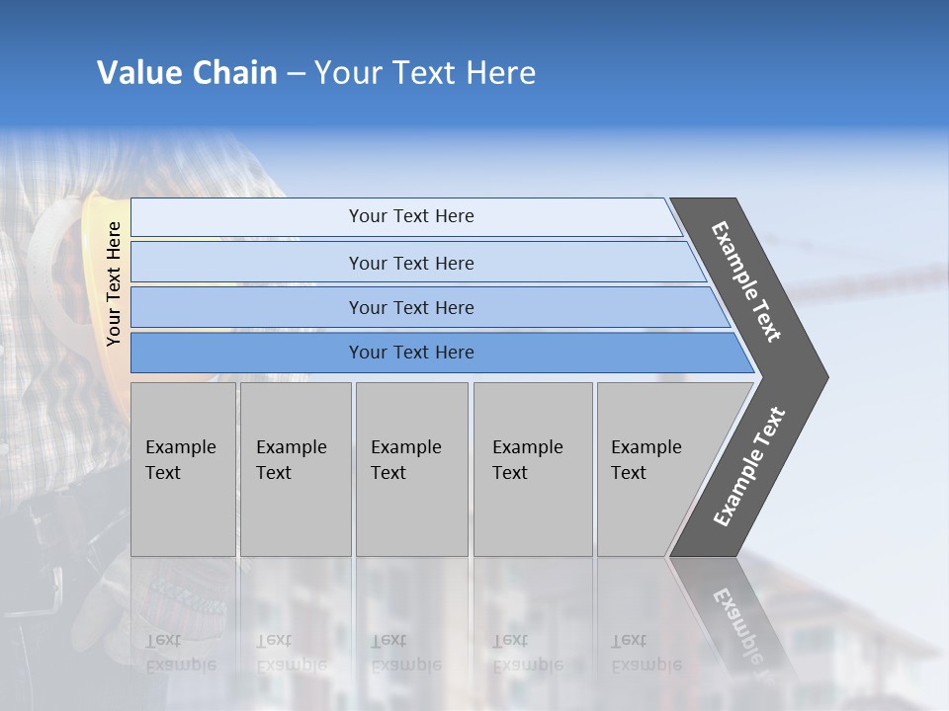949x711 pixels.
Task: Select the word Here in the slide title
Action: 500,73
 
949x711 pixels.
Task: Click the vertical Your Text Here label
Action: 114,283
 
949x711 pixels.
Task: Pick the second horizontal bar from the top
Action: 410,263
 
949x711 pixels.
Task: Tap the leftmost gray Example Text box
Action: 183,469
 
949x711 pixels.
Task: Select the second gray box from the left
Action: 295,469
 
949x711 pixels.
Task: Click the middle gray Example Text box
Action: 411,469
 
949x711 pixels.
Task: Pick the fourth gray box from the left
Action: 532,469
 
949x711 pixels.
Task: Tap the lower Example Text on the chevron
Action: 749,467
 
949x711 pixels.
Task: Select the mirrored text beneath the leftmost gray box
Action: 181,652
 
